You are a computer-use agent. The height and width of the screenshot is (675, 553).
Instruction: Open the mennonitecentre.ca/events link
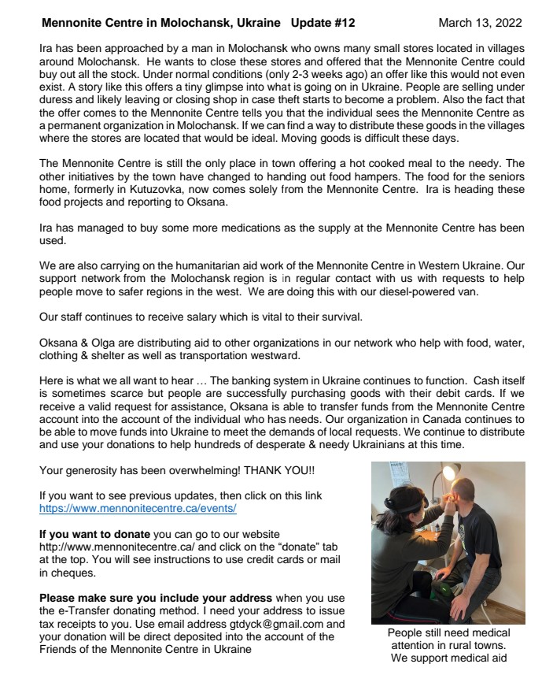click(x=138, y=509)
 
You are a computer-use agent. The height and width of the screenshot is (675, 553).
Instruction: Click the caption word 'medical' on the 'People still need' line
click(x=487, y=632)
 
